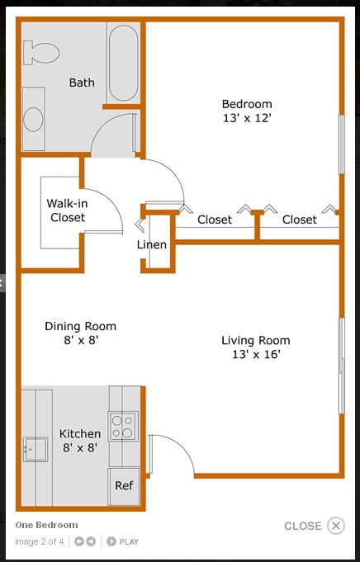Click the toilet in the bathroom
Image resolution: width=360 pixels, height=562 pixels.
(42, 53)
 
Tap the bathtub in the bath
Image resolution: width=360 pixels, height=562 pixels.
(124, 63)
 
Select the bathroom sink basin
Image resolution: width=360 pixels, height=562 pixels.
(33, 120)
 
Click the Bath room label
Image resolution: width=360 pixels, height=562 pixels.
(82, 83)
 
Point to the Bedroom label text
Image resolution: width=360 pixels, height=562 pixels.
(247, 104)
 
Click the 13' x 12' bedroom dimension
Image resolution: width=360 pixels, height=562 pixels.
(247, 118)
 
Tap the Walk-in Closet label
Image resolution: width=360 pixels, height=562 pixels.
(67, 210)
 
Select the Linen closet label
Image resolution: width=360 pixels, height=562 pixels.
(152, 244)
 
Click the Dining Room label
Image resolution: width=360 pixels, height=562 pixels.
(80, 326)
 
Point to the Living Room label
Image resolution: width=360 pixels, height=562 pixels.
(255, 340)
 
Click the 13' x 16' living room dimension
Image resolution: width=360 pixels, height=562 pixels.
(255, 355)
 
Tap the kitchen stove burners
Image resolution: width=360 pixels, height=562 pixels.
(123, 427)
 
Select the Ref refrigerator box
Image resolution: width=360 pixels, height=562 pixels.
(124, 486)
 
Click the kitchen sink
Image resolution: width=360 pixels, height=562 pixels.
(36, 450)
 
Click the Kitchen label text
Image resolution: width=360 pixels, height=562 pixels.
(80, 434)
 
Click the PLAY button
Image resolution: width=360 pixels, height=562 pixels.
(123, 542)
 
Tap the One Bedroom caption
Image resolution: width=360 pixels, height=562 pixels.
(46, 525)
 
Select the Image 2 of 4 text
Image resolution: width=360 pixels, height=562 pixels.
(40, 542)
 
